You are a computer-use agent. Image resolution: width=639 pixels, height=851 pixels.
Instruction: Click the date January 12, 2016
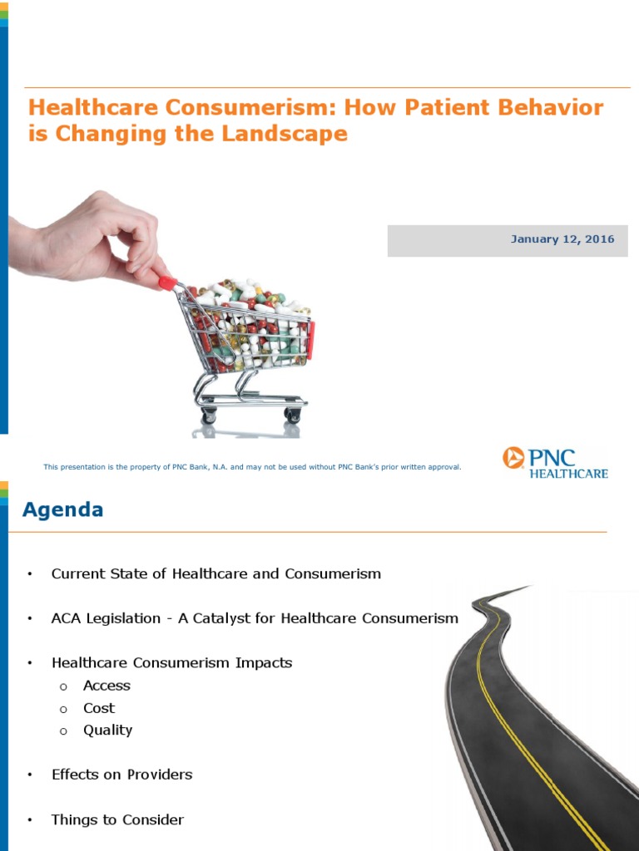(x=562, y=239)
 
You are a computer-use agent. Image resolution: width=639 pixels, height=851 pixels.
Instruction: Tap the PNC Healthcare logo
(x=555, y=462)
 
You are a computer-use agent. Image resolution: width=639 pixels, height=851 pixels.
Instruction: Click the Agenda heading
(x=63, y=509)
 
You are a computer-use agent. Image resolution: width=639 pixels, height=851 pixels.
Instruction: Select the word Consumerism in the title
(x=228, y=108)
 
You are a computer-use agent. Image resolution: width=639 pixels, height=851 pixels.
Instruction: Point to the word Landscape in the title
(x=286, y=134)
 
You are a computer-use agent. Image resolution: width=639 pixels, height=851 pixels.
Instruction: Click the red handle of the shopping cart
(x=168, y=283)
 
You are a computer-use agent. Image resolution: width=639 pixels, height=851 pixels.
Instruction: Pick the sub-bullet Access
(x=106, y=686)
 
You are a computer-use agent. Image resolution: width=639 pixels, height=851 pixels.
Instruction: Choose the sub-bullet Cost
(x=99, y=708)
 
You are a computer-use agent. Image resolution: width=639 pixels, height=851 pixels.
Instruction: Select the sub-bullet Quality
(x=107, y=730)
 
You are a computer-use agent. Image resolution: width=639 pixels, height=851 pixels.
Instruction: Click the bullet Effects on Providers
(x=121, y=775)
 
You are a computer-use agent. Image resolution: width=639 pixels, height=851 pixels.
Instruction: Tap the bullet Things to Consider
(x=117, y=819)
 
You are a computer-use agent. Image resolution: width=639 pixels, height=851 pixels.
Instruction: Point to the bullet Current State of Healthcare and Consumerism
(x=215, y=573)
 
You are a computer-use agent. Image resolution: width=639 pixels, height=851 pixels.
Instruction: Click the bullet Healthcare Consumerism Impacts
(x=171, y=663)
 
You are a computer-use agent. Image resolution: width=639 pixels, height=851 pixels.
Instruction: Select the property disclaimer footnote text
(x=252, y=467)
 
